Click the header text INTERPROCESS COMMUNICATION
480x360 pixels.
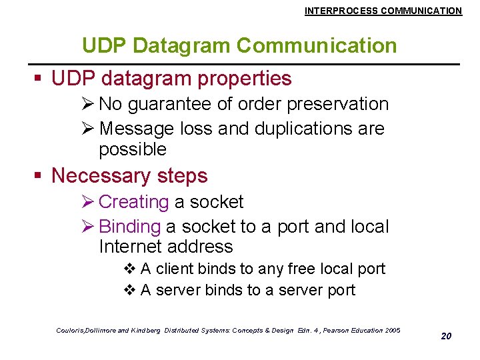(383, 11)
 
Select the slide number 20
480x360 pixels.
(446, 336)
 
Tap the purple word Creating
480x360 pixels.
(133, 202)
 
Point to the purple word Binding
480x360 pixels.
(129, 227)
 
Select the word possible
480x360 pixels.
(133, 149)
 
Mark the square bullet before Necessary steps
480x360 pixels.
(39, 177)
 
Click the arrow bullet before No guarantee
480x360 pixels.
(88, 105)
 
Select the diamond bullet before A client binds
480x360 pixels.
(130, 269)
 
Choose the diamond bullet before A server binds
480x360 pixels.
(130, 291)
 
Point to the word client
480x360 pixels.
(175, 269)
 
